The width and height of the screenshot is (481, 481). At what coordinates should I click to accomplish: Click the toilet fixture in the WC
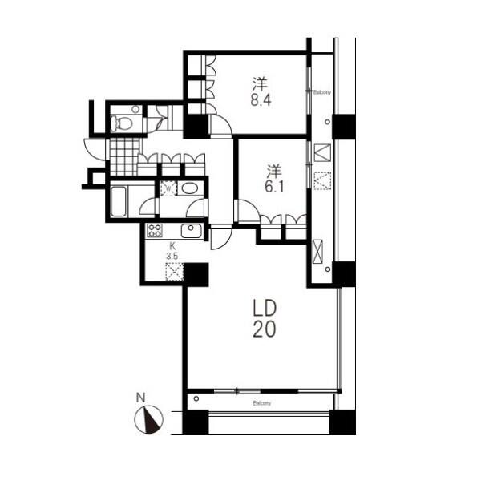(x=122, y=123)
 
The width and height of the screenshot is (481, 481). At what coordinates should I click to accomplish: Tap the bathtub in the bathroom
(x=118, y=201)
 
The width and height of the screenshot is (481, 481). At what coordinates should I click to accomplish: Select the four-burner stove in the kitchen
(x=154, y=231)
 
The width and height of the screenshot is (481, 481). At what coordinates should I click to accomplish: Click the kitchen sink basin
(x=191, y=230)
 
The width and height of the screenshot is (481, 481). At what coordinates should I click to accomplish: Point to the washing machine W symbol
(x=168, y=188)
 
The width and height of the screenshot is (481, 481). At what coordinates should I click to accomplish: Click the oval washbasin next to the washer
(x=188, y=188)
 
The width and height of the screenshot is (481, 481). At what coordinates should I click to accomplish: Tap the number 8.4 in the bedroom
(x=261, y=100)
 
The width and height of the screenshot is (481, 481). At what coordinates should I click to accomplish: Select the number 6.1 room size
(x=274, y=187)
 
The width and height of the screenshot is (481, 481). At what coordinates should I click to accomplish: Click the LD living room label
(x=265, y=308)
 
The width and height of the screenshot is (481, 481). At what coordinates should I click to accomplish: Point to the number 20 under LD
(x=265, y=329)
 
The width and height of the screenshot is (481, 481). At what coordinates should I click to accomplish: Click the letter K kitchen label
(x=172, y=245)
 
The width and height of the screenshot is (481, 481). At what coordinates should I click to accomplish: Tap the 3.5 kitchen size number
(x=172, y=257)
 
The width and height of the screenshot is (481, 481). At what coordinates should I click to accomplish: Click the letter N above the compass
(x=140, y=398)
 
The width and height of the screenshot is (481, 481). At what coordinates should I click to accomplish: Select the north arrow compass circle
(x=149, y=419)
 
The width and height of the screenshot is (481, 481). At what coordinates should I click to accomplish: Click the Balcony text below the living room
(x=262, y=403)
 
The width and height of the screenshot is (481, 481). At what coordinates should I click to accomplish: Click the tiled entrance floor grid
(x=124, y=157)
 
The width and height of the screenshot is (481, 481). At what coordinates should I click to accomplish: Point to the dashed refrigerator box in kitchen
(x=175, y=272)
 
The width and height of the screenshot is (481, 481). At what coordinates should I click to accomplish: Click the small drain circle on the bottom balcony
(x=196, y=398)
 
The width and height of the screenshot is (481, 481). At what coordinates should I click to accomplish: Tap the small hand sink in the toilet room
(x=135, y=109)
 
